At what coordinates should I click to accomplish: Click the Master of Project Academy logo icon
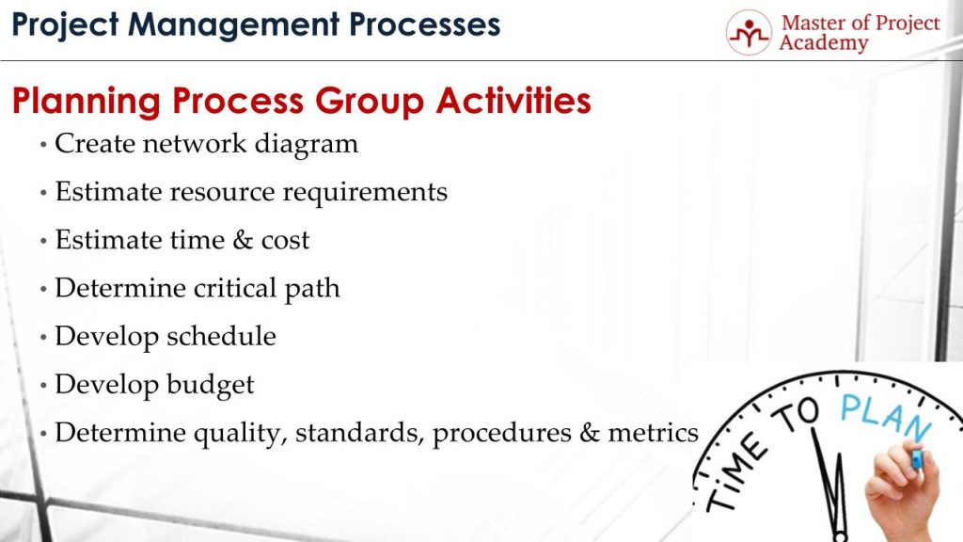(749, 32)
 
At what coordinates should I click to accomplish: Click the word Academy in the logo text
(824, 43)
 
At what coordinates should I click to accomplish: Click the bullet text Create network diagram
(206, 144)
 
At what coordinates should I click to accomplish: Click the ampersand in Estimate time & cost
(242, 240)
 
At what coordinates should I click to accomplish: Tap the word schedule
(222, 336)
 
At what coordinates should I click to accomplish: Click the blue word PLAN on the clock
(884, 415)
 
